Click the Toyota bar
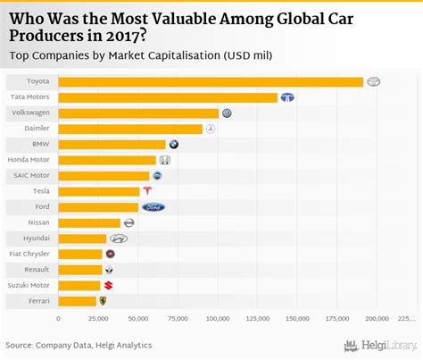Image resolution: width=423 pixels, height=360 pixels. point(211,82)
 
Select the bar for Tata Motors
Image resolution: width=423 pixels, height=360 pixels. point(168,97)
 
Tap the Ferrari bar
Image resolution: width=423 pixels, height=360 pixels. point(77,301)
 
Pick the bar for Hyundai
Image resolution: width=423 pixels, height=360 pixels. point(82,239)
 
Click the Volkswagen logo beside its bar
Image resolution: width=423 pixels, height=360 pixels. point(228,113)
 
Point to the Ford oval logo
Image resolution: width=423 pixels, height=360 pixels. point(153,207)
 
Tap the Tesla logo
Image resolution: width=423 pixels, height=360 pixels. point(148,191)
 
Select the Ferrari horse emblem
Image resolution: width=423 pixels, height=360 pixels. point(104,301)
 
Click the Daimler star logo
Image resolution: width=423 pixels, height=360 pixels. point(211,129)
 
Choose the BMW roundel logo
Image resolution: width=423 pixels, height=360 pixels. point(174,145)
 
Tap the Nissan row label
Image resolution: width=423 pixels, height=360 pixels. point(39,222)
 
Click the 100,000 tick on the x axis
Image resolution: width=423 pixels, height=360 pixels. point(218,318)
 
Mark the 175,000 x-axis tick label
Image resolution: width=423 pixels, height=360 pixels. point(337,318)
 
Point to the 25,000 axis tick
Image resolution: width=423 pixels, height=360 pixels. point(98,318)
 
